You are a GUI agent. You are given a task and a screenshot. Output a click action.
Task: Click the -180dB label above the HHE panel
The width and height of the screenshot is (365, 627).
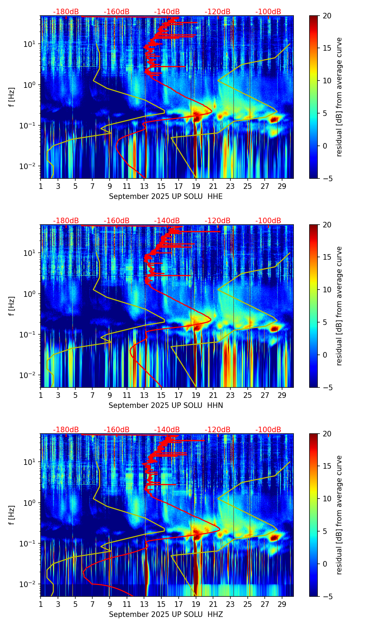pos(66,12)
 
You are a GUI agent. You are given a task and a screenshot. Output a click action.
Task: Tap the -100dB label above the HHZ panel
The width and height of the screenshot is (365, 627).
pos(268,430)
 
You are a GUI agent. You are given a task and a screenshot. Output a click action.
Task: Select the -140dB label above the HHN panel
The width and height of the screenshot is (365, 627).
pos(167,221)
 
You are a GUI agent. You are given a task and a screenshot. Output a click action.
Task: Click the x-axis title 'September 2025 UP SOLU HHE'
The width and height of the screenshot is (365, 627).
pos(166,197)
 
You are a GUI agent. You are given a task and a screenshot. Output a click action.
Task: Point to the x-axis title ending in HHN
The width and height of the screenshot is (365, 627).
pos(166,406)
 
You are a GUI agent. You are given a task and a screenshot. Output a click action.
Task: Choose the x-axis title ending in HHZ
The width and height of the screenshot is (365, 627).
pos(166,615)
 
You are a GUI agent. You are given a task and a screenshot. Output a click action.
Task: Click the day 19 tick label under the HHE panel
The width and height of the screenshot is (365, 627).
pos(196,186)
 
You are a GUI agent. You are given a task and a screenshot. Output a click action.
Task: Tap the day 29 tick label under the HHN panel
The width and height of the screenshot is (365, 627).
pos(282,395)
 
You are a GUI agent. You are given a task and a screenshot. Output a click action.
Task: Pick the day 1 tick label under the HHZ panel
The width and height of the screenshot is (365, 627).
pos(41,604)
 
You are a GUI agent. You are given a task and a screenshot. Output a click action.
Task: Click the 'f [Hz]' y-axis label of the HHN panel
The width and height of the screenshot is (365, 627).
pos(12,306)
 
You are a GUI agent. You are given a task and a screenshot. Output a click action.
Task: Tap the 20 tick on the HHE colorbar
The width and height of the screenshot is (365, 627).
pos(327,16)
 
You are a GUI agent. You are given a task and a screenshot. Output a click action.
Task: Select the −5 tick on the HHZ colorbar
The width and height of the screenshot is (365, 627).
pos(327,596)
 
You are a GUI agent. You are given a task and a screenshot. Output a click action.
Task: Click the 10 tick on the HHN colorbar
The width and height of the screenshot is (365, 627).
pos(327,290)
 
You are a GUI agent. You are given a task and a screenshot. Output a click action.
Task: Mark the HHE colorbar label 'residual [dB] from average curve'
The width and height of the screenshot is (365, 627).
pos(339,97)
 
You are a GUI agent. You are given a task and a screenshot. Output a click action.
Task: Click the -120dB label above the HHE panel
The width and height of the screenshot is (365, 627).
pos(218,12)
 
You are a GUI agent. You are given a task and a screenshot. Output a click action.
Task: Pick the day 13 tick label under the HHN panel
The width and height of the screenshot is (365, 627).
pos(144,395)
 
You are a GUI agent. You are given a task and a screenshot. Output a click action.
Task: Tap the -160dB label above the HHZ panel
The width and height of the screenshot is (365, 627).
pos(117,430)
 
